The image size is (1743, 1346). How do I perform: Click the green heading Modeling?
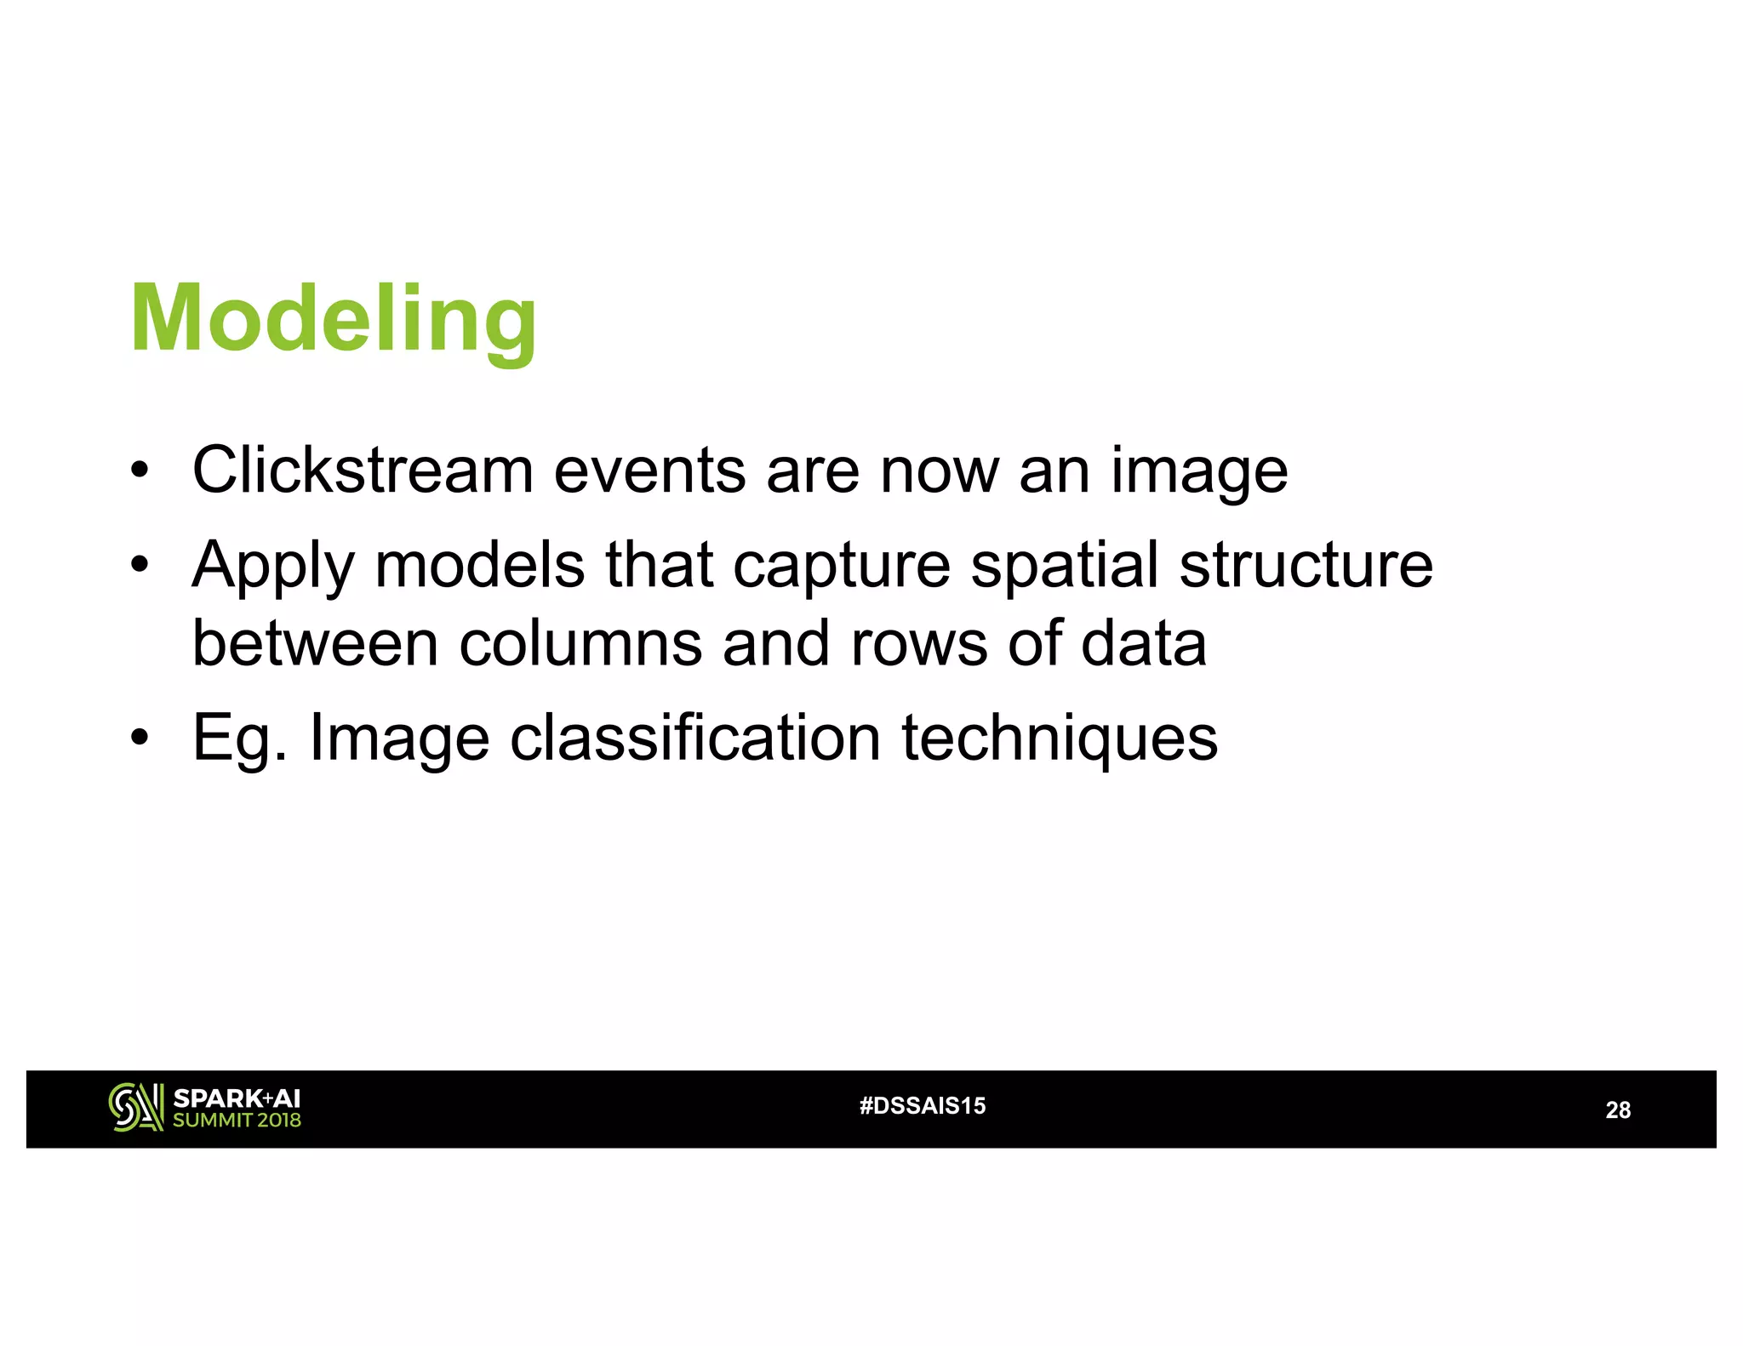click(333, 319)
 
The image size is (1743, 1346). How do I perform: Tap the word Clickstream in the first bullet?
click(363, 470)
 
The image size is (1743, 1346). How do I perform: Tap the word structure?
click(1306, 565)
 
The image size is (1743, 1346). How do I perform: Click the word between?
click(315, 642)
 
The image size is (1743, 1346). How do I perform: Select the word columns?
click(580, 642)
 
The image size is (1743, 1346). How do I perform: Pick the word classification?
click(694, 737)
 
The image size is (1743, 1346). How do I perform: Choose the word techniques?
click(1060, 739)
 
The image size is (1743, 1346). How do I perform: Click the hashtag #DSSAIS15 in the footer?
click(923, 1106)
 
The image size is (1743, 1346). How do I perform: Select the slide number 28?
click(1617, 1110)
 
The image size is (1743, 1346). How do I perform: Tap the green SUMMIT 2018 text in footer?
click(237, 1121)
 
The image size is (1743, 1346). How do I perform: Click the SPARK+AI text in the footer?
click(236, 1098)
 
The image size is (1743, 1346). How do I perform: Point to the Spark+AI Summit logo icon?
click(135, 1108)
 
